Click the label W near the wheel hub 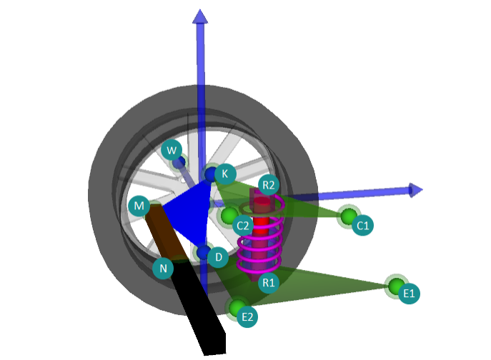point(171,150)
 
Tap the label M point(139,207)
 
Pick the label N point(163,269)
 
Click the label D point(219,255)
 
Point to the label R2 point(269,185)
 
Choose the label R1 point(269,283)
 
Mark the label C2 point(243,226)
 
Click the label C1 point(362,226)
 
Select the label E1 point(409,293)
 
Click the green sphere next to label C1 point(349,216)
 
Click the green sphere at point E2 point(237,307)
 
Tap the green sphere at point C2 point(229,215)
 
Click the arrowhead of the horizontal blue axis point(415,189)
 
